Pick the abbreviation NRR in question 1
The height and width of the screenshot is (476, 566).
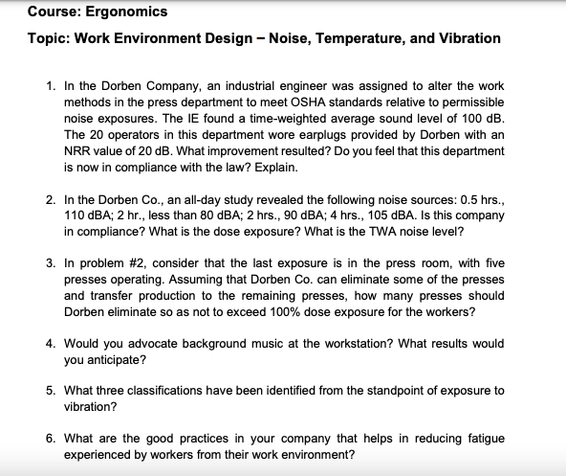coord(79,150)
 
